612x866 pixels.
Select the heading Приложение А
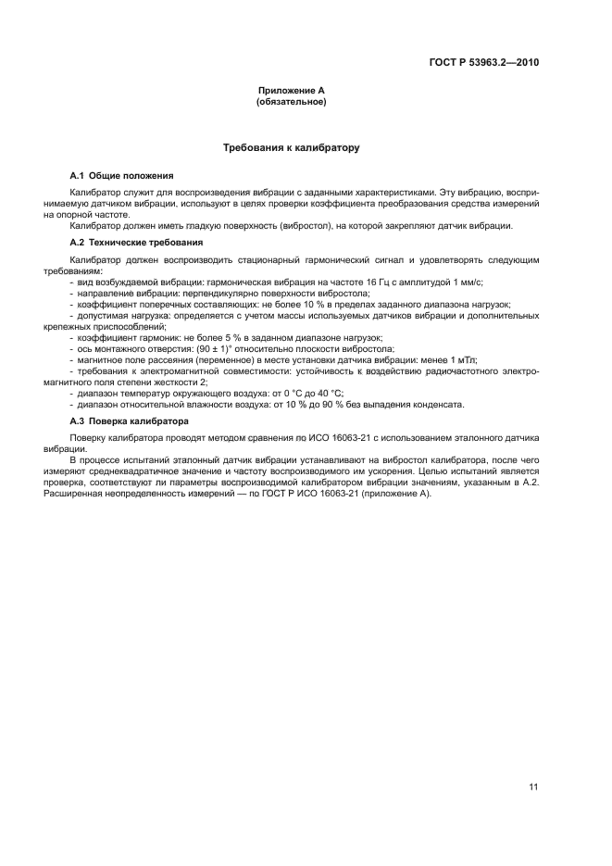(x=291, y=91)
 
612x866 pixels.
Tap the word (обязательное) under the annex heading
(x=291, y=102)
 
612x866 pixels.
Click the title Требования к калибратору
(x=291, y=147)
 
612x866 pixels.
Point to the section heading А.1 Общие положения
(x=121, y=175)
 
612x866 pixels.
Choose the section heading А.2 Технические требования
(x=136, y=242)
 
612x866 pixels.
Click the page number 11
(x=533, y=786)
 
